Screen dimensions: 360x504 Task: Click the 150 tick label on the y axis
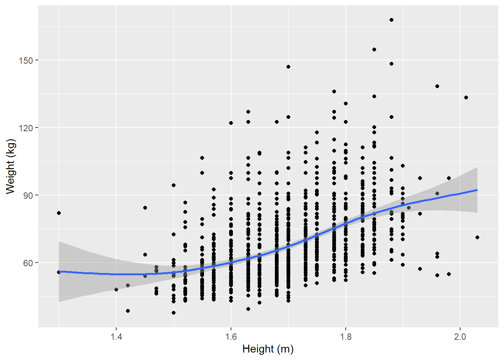point(25,60)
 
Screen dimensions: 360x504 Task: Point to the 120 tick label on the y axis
point(25,128)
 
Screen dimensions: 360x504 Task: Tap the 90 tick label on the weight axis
point(28,195)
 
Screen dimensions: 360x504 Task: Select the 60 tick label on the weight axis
point(28,263)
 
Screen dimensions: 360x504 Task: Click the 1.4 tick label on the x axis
point(116,336)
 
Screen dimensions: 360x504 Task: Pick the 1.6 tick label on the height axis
point(231,336)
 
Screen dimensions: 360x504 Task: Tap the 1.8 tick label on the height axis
point(346,336)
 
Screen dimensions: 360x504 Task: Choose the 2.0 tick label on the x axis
point(460,336)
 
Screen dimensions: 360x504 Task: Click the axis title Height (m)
point(268,349)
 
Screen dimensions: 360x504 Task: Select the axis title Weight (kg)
point(10,166)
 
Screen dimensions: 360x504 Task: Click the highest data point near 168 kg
point(391,20)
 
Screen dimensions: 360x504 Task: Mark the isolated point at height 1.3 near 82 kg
point(59,213)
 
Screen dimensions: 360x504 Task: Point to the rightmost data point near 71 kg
point(477,237)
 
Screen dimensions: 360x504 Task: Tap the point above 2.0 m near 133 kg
point(466,97)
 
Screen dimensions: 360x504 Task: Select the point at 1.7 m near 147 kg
point(288,67)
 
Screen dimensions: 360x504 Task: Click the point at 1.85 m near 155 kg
point(374,49)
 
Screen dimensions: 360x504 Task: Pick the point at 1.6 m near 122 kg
point(231,123)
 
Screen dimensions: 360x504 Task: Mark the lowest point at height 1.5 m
point(174,313)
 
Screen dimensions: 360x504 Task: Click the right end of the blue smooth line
point(477,190)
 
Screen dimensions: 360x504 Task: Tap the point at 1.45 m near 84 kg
point(145,208)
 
